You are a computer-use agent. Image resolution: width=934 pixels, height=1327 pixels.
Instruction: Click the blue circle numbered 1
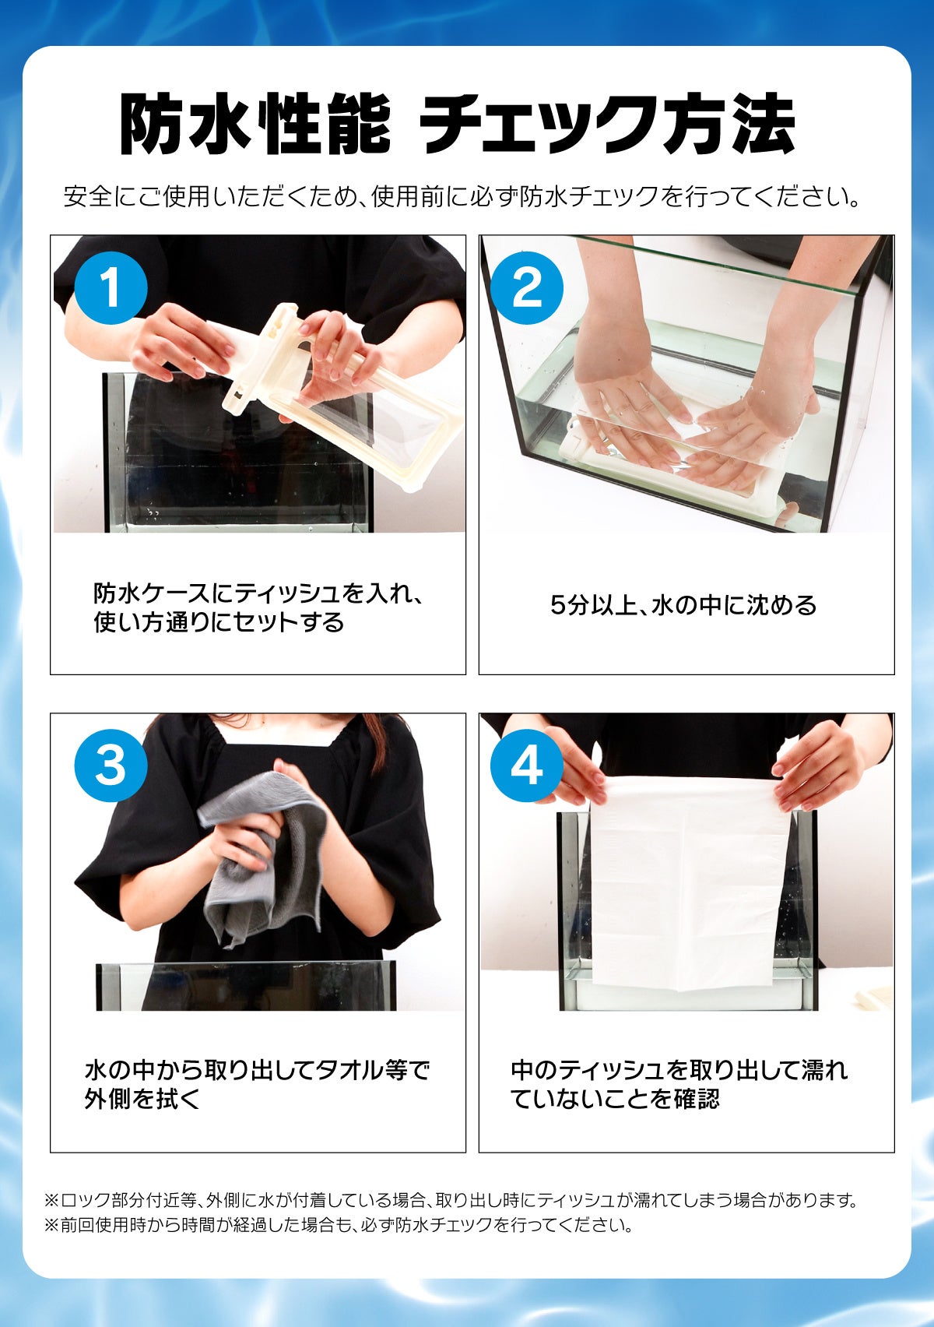pos(111,288)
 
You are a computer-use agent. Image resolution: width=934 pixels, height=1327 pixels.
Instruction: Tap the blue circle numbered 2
pos(526,288)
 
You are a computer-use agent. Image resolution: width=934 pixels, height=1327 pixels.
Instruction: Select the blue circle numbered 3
pos(111,766)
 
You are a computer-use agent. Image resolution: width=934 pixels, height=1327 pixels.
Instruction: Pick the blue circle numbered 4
pos(526,766)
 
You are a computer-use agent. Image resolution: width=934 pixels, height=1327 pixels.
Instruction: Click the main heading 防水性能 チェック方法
pos(457,124)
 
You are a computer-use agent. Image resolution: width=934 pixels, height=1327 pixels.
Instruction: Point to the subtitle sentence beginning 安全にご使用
pos(462,197)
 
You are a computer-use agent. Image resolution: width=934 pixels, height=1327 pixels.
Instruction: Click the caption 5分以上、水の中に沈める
pos(683,605)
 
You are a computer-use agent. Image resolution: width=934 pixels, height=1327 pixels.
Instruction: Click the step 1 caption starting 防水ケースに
pos(259,607)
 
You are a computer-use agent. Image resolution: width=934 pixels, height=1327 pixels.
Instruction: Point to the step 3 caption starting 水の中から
pos(257,1084)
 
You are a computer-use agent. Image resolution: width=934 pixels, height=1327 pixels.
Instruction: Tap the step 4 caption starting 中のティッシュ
pos(679,1084)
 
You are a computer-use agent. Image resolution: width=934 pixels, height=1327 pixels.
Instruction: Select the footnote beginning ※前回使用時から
pos(339,1224)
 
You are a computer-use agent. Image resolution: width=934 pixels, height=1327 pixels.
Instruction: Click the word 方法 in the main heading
pos(729,124)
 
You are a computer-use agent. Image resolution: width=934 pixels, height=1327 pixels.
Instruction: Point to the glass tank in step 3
pos(246,987)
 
